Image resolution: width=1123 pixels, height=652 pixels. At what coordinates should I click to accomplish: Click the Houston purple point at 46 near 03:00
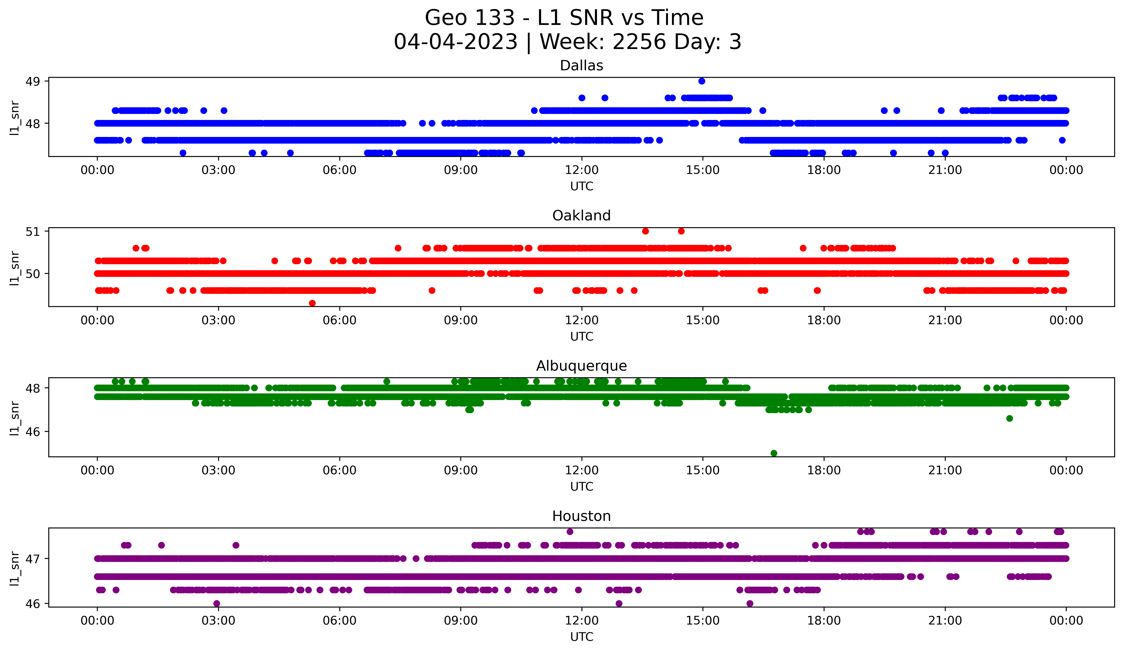(x=217, y=603)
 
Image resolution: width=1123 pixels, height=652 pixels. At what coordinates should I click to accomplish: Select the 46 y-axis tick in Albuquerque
(x=32, y=431)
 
